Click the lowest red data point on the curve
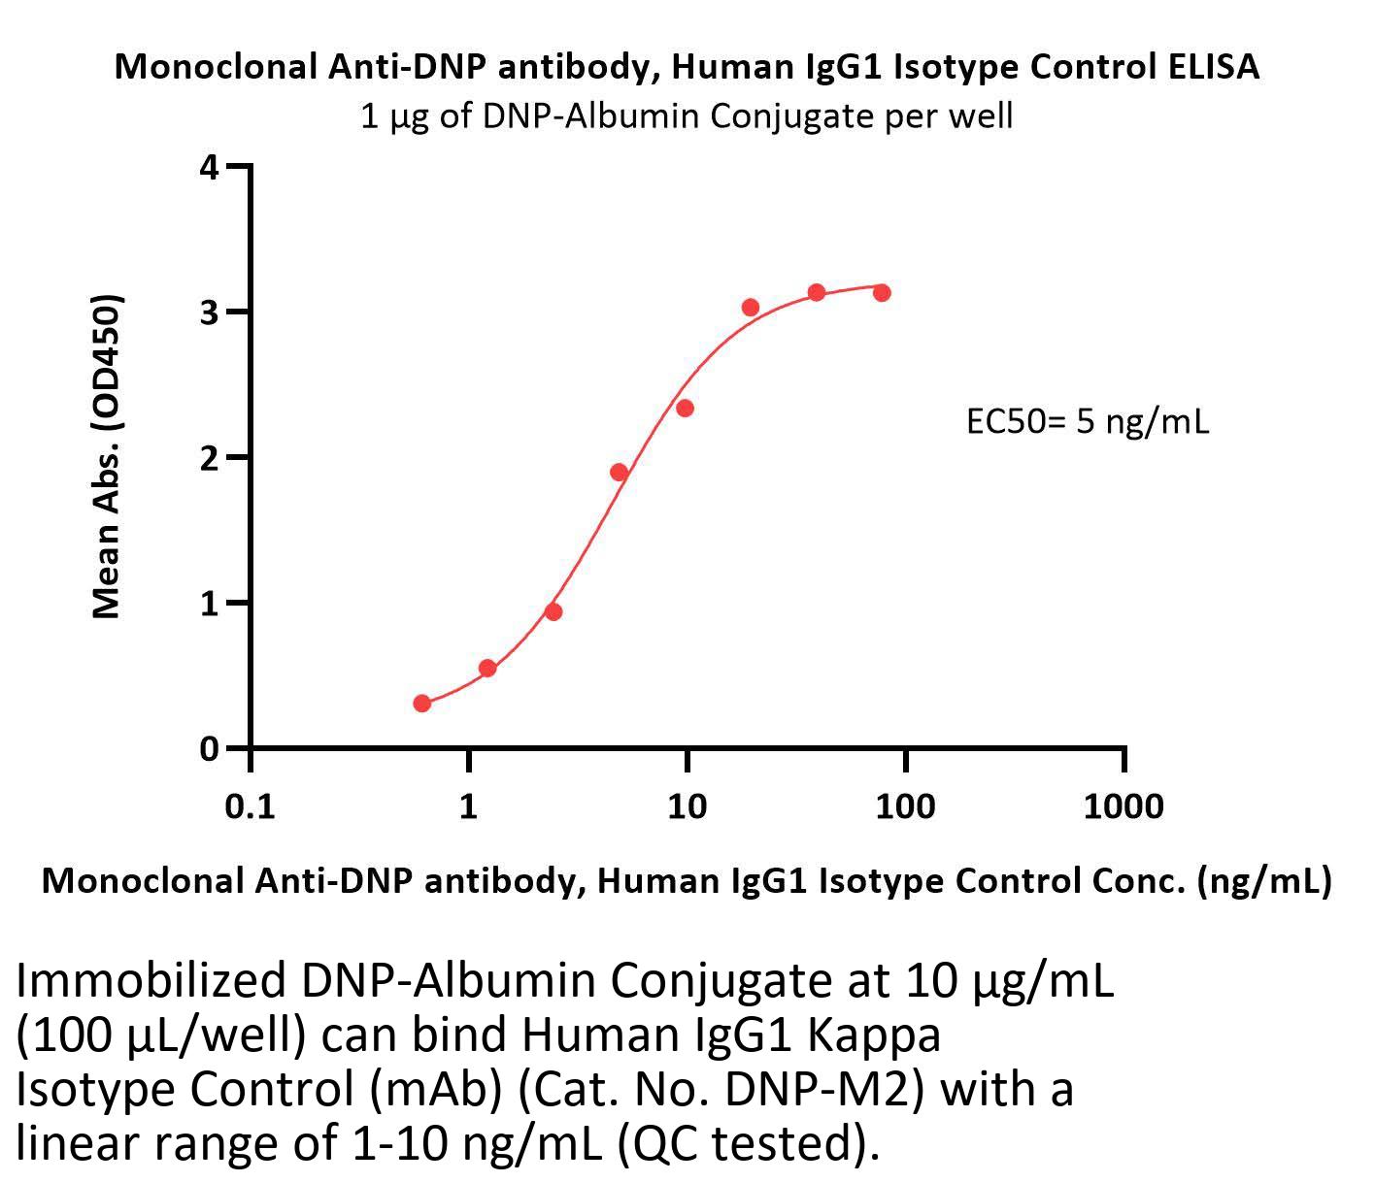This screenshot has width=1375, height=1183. (421, 703)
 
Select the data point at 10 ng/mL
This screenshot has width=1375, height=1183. (685, 408)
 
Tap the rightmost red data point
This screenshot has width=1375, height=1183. (882, 292)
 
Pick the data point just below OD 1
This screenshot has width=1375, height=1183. (553, 611)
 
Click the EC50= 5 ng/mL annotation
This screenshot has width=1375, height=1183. (1088, 422)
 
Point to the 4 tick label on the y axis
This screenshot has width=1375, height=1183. (209, 167)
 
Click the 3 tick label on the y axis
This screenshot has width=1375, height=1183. (209, 312)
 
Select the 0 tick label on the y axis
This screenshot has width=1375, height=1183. (209, 749)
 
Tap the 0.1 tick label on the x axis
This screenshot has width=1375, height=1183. (251, 805)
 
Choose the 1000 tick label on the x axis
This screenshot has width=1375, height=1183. (1123, 805)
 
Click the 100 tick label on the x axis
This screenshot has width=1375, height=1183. (905, 805)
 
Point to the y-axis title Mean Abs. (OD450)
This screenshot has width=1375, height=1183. (106, 456)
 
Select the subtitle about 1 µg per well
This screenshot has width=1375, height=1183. (687, 116)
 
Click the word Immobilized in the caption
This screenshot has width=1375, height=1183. (151, 982)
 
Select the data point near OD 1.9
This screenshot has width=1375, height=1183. (619, 473)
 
